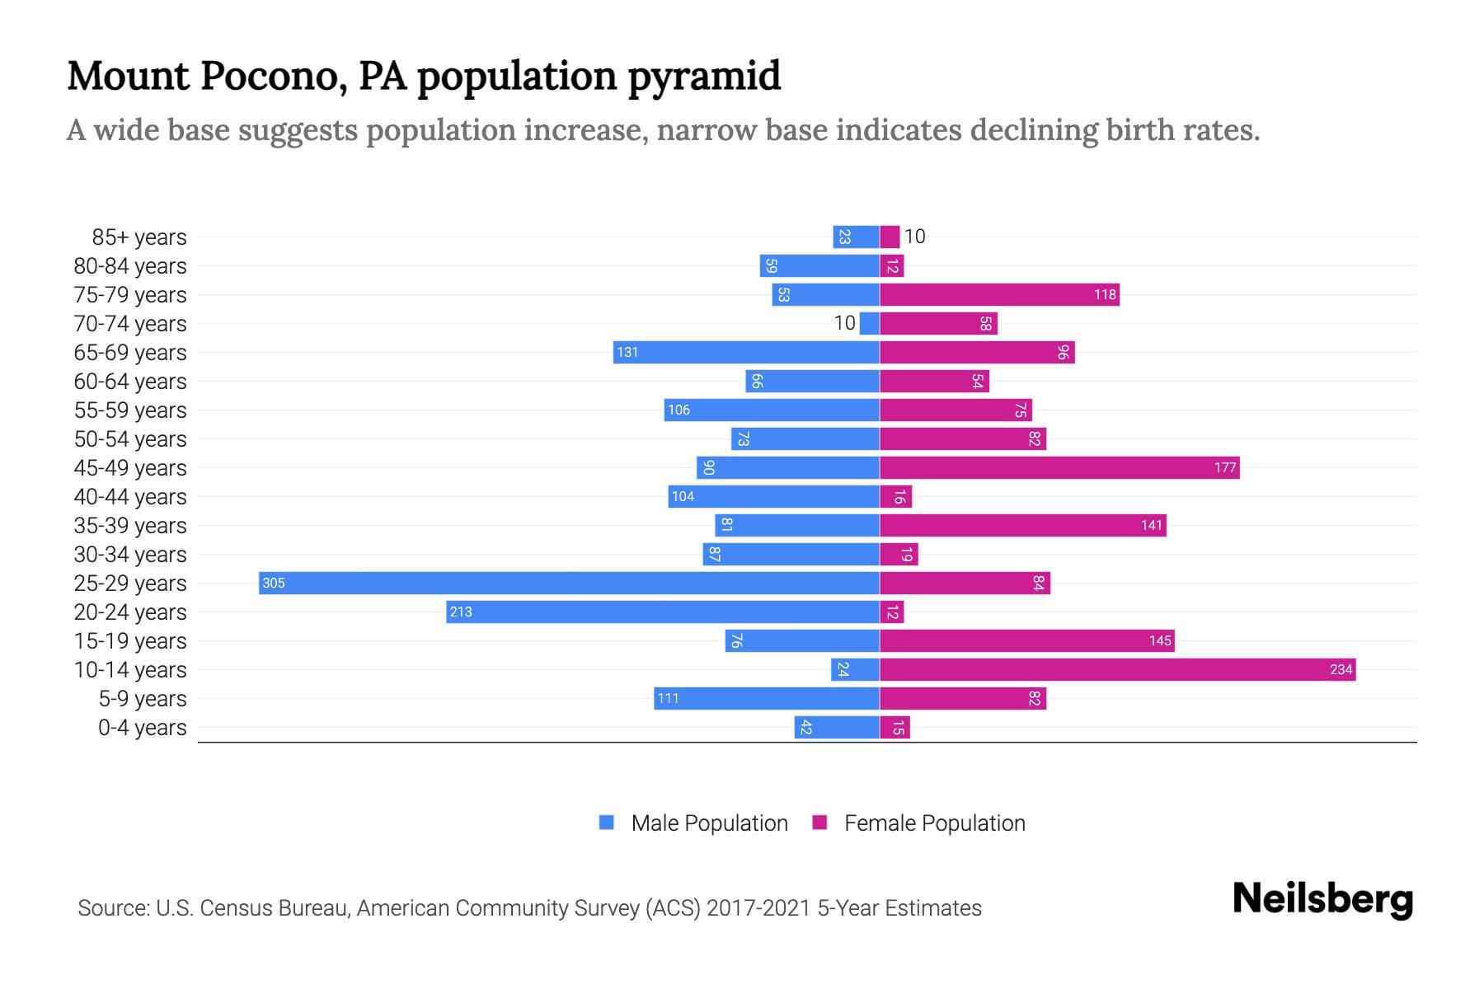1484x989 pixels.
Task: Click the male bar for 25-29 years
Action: (x=569, y=583)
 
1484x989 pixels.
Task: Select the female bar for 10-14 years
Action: (x=1117, y=669)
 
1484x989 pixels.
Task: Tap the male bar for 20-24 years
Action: (x=663, y=612)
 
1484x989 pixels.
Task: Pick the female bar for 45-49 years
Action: (x=1059, y=467)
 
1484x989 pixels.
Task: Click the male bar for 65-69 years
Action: (x=746, y=352)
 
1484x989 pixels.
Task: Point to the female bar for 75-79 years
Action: (x=999, y=294)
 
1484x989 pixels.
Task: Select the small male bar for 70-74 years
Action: (x=869, y=323)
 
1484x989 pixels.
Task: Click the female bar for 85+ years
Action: (x=890, y=237)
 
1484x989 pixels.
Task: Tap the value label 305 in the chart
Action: (x=274, y=584)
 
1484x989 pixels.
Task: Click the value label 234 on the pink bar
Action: (x=1341, y=670)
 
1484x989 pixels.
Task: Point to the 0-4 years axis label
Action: (x=142, y=728)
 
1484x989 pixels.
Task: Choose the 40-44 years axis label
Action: (x=130, y=497)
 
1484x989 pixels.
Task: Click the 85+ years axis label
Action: (x=139, y=237)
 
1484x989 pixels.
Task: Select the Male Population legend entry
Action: (x=709, y=823)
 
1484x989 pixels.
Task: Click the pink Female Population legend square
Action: (x=819, y=823)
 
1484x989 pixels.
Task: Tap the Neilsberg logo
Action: (x=1322, y=899)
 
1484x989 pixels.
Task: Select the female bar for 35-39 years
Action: (x=1022, y=525)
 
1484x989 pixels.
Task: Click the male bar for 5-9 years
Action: (x=767, y=698)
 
